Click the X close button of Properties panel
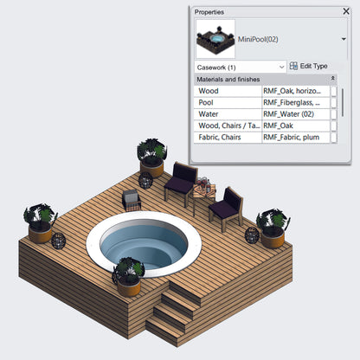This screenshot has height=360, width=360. [x=346, y=12]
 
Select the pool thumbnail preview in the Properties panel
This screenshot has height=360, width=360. [x=215, y=39]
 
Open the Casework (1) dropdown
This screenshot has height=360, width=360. [x=241, y=67]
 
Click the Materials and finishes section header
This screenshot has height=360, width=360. [x=260, y=79]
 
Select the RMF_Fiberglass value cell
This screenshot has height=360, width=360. [x=295, y=102]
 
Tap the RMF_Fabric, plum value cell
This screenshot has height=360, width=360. [x=295, y=137]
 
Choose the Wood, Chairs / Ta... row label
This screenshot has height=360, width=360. [x=228, y=125]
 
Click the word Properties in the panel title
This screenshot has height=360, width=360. [x=209, y=12]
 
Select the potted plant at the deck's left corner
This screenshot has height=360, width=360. [x=40, y=223]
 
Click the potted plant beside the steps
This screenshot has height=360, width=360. [x=127, y=273]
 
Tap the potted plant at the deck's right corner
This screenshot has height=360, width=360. [x=273, y=228]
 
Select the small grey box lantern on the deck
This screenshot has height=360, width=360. [x=131, y=201]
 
